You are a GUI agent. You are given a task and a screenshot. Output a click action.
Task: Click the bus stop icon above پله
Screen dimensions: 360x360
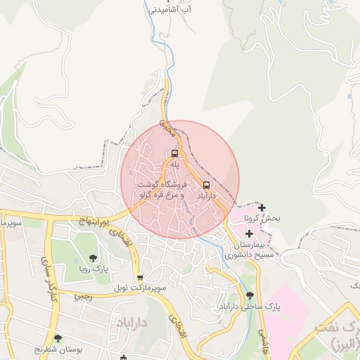pos(174,153)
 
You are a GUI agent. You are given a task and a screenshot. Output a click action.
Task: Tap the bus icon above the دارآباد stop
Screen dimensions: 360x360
pos(206,185)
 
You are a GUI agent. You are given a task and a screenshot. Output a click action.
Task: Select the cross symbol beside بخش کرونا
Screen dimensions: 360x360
pos(262,207)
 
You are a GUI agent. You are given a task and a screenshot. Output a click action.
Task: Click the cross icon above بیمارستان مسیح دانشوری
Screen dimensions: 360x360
pos(249,233)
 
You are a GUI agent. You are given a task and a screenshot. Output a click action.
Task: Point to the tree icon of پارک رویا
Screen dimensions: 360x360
pos(94,258)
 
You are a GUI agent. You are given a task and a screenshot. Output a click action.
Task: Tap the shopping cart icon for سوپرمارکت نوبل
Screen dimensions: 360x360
pos(140,277)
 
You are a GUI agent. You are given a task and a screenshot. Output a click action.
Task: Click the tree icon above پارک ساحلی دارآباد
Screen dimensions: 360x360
pos(250,296)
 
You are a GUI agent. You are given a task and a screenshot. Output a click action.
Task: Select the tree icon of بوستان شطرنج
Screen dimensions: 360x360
pos(58,338)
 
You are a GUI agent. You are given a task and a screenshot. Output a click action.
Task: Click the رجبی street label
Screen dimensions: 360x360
pos(83,297)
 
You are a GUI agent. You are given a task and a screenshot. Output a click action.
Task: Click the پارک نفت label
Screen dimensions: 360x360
pos(343,335)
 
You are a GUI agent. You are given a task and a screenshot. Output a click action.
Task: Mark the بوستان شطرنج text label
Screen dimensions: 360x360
pos(38,349)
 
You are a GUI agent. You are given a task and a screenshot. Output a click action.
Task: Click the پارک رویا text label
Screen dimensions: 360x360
pos(94,269)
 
